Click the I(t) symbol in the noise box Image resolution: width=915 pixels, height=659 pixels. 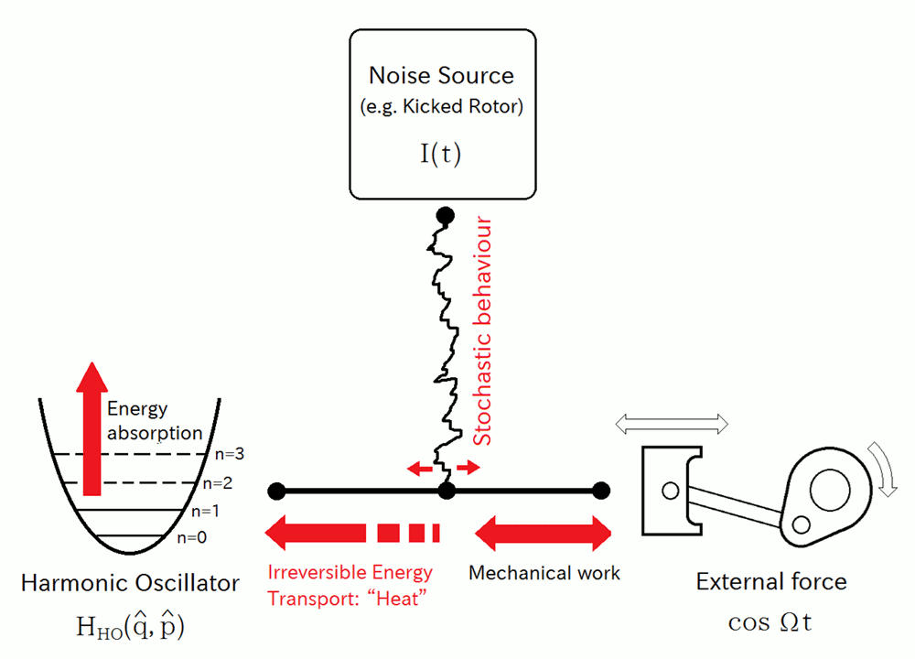[441, 152]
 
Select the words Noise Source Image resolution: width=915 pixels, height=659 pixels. [441, 75]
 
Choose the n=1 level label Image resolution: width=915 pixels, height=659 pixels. [207, 511]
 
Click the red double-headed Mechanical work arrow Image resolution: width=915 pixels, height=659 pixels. [543, 532]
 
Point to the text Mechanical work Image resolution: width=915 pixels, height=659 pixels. [544, 574]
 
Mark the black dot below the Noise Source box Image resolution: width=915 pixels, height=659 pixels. [445, 217]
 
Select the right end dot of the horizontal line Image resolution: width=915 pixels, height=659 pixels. [600, 492]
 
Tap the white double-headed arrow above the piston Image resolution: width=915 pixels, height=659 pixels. [673, 423]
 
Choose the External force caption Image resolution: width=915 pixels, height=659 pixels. [771, 582]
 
